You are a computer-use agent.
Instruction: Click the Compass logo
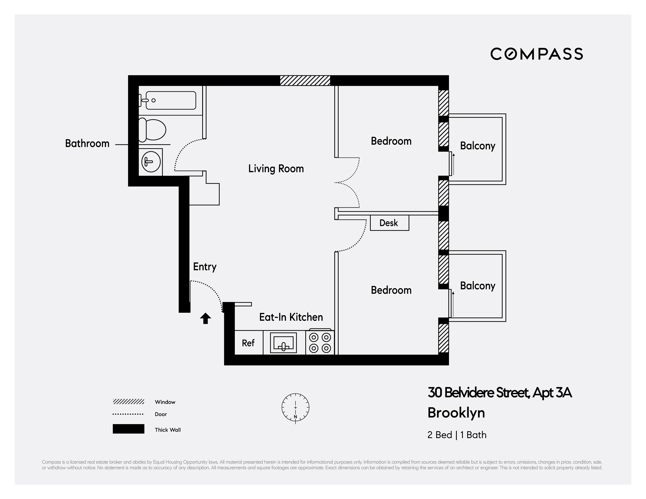pos(536,54)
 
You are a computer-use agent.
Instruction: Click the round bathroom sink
pos(151,162)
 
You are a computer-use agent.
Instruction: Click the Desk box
pos(389,223)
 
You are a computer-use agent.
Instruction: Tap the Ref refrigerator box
pos(248,343)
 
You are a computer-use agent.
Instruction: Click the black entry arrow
pos(205,319)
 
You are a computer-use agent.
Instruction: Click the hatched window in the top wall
pos(305,80)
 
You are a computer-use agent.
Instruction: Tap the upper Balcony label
pos(477,146)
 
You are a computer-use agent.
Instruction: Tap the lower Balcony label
pos(477,286)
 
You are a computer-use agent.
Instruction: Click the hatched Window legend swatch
pos(128,401)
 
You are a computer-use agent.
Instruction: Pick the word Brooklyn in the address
pos(456,413)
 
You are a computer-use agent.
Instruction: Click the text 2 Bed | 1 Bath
pos(457,435)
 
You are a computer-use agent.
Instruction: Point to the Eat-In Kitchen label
pos(291,317)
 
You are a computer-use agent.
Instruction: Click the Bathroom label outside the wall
pos(87,143)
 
